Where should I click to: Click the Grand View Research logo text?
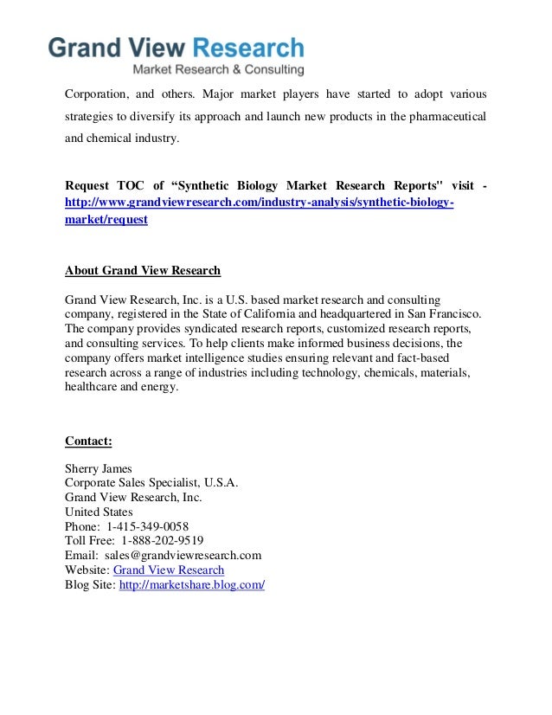pos(176,48)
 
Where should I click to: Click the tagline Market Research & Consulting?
pos(217,69)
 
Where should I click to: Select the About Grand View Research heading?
pos(143,270)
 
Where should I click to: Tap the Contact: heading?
pos(88,441)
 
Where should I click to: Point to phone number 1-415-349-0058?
pos(148,526)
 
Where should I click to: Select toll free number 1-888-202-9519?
pos(156,541)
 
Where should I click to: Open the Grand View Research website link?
pos(169,570)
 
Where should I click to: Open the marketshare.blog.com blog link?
pos(191,585)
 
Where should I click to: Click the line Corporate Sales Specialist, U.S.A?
pos(151,483)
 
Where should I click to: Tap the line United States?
pos(99,512)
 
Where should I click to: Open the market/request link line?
pos(106,220)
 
